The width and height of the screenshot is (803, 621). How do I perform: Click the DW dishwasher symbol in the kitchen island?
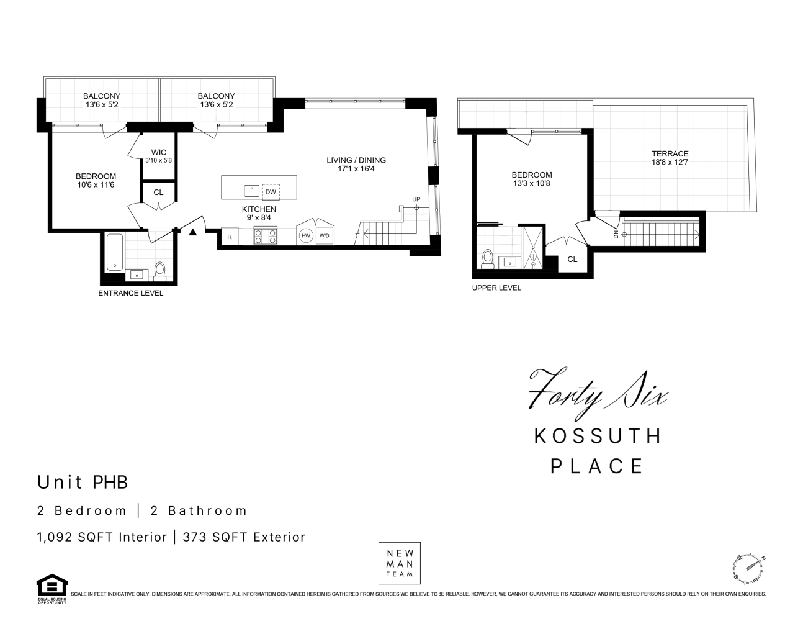[x=271, y=192]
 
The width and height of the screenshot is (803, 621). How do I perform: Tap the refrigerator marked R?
[x=230, y=237]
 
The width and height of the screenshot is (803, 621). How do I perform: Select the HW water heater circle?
[x=306, y=235]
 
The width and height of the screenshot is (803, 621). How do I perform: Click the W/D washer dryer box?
[x=325, y=236]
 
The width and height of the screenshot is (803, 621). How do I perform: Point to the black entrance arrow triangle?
[x=192, y=232]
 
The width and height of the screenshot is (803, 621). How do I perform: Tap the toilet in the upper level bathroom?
[x=488, y=259]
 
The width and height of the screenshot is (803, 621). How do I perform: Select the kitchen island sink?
[x=252, y=191]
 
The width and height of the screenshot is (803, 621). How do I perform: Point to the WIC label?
[x=158, y=152]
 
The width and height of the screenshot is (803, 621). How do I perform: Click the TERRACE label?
[x=670, y=153]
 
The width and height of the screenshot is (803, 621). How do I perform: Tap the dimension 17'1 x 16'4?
[x=356, y=169]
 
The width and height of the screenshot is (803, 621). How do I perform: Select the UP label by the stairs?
[x=416, y=199]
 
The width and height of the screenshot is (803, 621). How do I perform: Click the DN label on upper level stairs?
[x=616, y=234]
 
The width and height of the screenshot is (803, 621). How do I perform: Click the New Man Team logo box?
[x=400, y=563]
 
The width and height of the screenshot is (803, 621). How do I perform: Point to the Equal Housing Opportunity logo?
[x=52, y=589]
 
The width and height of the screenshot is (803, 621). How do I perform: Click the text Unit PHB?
[x=83, y=482]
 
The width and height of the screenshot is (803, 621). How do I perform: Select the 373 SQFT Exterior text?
[x=244, y=537]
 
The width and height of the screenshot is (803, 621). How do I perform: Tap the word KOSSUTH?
[x=598, y=436]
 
